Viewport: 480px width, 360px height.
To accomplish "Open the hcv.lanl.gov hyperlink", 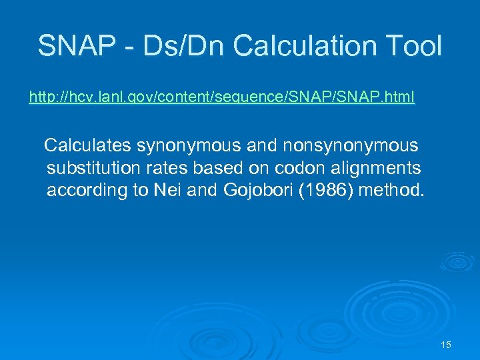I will [x=221, y=98].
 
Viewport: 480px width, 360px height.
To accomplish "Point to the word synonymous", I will [x=175, y=145].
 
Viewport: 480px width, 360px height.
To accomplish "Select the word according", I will [x=87, y=190].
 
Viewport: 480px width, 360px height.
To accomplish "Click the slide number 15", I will [x=446, y=345].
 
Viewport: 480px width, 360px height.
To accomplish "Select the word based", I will [x=210, y=167].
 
